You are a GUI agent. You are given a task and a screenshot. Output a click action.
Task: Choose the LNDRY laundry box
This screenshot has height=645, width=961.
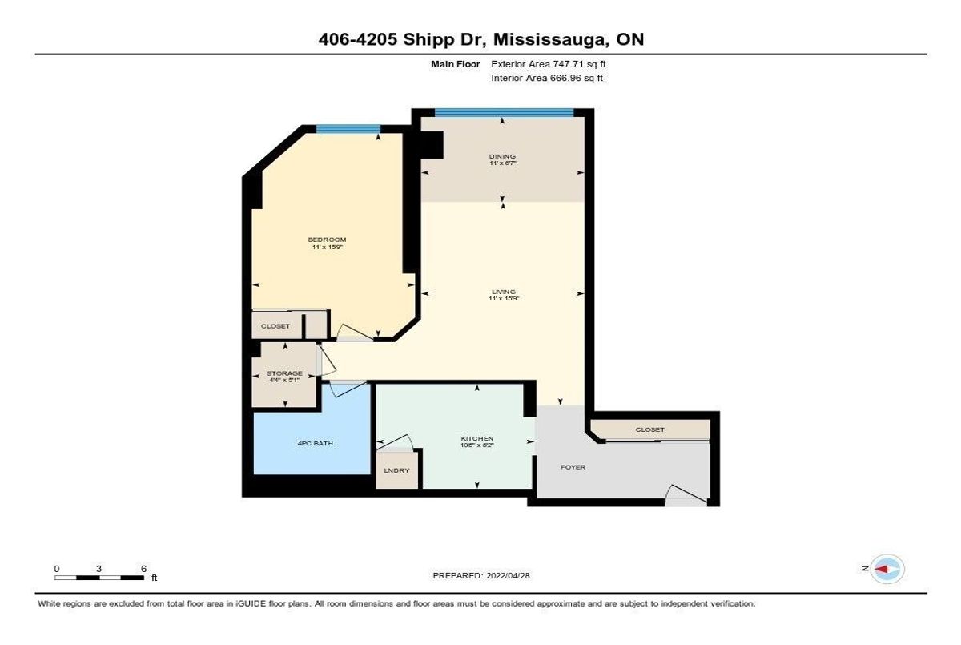(397, 470)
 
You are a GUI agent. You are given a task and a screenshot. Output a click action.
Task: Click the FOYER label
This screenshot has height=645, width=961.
(573, 467)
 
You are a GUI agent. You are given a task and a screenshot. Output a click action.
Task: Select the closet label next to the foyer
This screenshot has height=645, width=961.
(649, 429)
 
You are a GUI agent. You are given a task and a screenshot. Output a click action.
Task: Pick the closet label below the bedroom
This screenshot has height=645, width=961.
(275, 326)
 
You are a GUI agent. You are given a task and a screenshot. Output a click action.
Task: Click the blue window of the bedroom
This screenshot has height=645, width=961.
(348, 128)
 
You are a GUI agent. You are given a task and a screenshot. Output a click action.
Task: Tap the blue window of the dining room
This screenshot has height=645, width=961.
(504, 113)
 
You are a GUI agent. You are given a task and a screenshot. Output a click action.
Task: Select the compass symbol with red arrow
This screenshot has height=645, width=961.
(887, 568)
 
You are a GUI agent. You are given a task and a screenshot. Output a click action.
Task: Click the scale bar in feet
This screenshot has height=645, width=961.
(100, 577)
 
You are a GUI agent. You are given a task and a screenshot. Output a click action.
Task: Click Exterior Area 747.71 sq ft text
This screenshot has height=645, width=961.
(555, 63)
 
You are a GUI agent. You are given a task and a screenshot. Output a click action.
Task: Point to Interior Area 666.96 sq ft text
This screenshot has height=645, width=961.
(547, 78)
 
